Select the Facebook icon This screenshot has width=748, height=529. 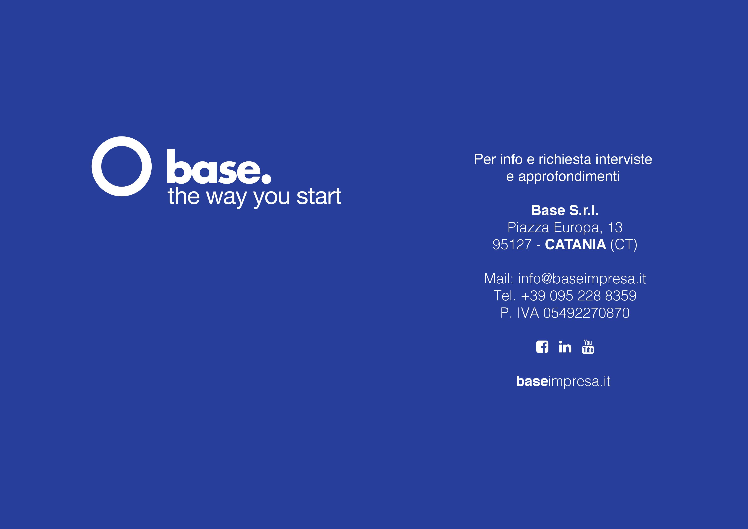coord(542,347)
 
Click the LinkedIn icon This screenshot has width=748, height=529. coord(565,347)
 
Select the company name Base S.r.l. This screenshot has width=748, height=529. coord(565,210)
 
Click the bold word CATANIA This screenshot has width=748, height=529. coord(575,245)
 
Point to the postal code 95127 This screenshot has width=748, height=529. coord(512,245)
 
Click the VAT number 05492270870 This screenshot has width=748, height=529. coord(586,313)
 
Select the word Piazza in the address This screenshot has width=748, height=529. coord(528,227)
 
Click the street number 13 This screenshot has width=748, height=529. coord(615,227)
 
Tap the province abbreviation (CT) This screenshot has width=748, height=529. coord(623,245)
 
